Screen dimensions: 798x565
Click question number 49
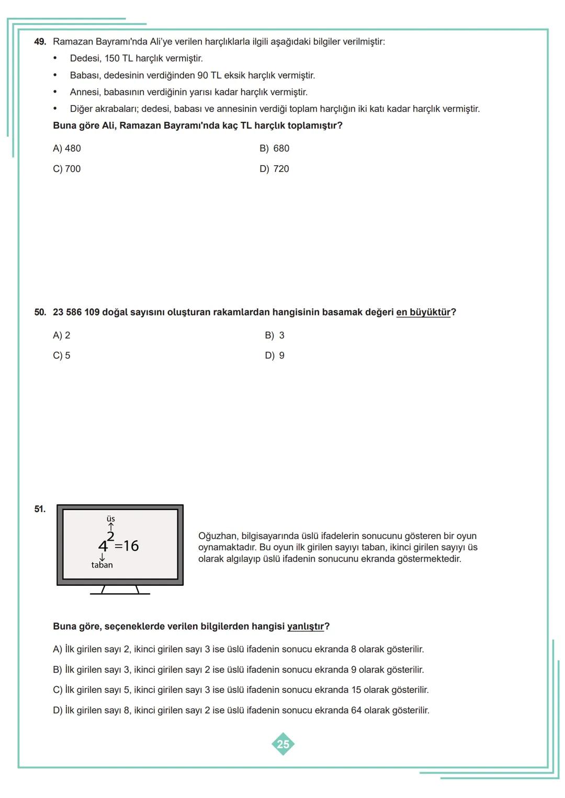click(40, 42)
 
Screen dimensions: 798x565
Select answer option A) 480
click(67, 148)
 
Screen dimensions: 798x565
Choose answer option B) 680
click(274, 148)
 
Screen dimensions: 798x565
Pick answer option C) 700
click(67, 169)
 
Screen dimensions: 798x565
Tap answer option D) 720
click(274, 169)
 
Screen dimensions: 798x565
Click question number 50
click(40, 313)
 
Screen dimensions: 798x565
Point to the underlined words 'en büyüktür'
click(423, 313)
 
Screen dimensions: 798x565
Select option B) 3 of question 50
click(275, 336)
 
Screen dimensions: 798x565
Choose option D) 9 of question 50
click(275, 356)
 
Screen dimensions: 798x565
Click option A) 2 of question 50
click(62, 336)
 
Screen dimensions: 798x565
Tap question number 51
click(40, 509)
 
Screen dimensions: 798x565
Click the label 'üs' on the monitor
click(111, 519)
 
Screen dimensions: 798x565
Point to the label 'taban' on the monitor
click(102, 565)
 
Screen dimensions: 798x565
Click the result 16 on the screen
click(131, 546)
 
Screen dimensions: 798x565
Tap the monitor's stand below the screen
click(120, 591)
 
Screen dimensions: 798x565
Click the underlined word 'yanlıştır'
click(306, 627)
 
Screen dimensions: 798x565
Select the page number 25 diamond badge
click(283, 744)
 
